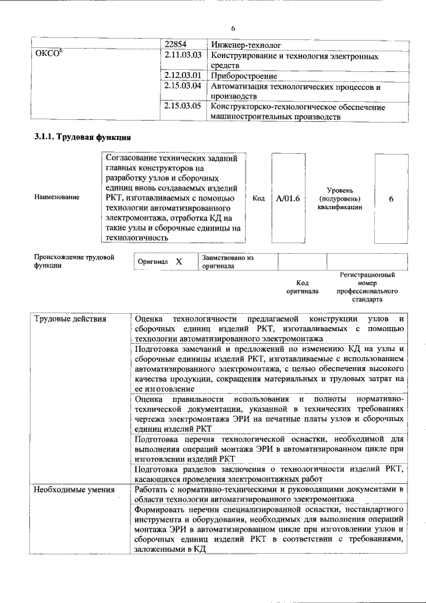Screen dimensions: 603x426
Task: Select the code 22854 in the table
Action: point(176,45)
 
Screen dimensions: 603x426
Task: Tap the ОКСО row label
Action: point(49,55)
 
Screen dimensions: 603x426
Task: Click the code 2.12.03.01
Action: point(182,76)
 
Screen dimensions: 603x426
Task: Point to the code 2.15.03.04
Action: point(182,86)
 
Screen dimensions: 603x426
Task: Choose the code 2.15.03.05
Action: point(182,106)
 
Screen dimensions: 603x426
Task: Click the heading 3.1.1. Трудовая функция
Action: point(82,137)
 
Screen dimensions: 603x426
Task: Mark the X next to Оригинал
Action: point(178,262)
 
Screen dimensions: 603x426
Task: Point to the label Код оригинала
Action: point(302,287)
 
